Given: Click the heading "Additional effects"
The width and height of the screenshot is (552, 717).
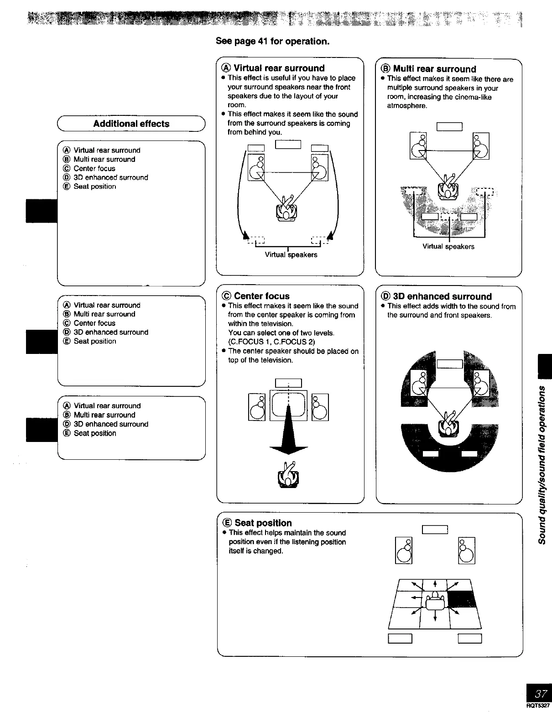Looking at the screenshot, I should [x=131, y=124].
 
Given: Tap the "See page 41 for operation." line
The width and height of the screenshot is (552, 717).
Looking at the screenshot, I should [x=272, y=42].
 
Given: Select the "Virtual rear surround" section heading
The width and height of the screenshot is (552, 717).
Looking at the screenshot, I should [x=279, y=68].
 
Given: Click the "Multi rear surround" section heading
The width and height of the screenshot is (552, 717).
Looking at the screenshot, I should [x=434, y=69].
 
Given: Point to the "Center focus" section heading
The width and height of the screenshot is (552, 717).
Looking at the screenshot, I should [x=261, y=296].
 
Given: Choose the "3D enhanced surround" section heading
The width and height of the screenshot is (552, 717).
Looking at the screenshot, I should [x=442, y=296].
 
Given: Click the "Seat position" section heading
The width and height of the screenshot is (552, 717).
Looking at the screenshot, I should [x=263, y=523].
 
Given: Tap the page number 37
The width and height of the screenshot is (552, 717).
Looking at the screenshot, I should [x=541, y=694].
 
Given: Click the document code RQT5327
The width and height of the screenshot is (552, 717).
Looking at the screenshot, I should [x=540, y=705].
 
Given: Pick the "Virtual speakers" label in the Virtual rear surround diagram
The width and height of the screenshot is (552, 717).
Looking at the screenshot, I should [x=291, y=255].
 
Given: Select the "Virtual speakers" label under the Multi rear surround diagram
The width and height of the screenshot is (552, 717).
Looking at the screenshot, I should [x=448, y=247].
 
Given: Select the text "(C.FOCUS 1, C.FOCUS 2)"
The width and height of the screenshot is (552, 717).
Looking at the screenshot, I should [x=271, y=342].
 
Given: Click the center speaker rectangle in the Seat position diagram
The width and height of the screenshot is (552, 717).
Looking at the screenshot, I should [x=435, y=530].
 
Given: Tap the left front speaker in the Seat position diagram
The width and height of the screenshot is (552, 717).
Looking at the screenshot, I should [x=404, y=551].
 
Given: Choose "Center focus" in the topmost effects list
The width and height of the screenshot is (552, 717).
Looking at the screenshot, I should [x=94, y=168].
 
